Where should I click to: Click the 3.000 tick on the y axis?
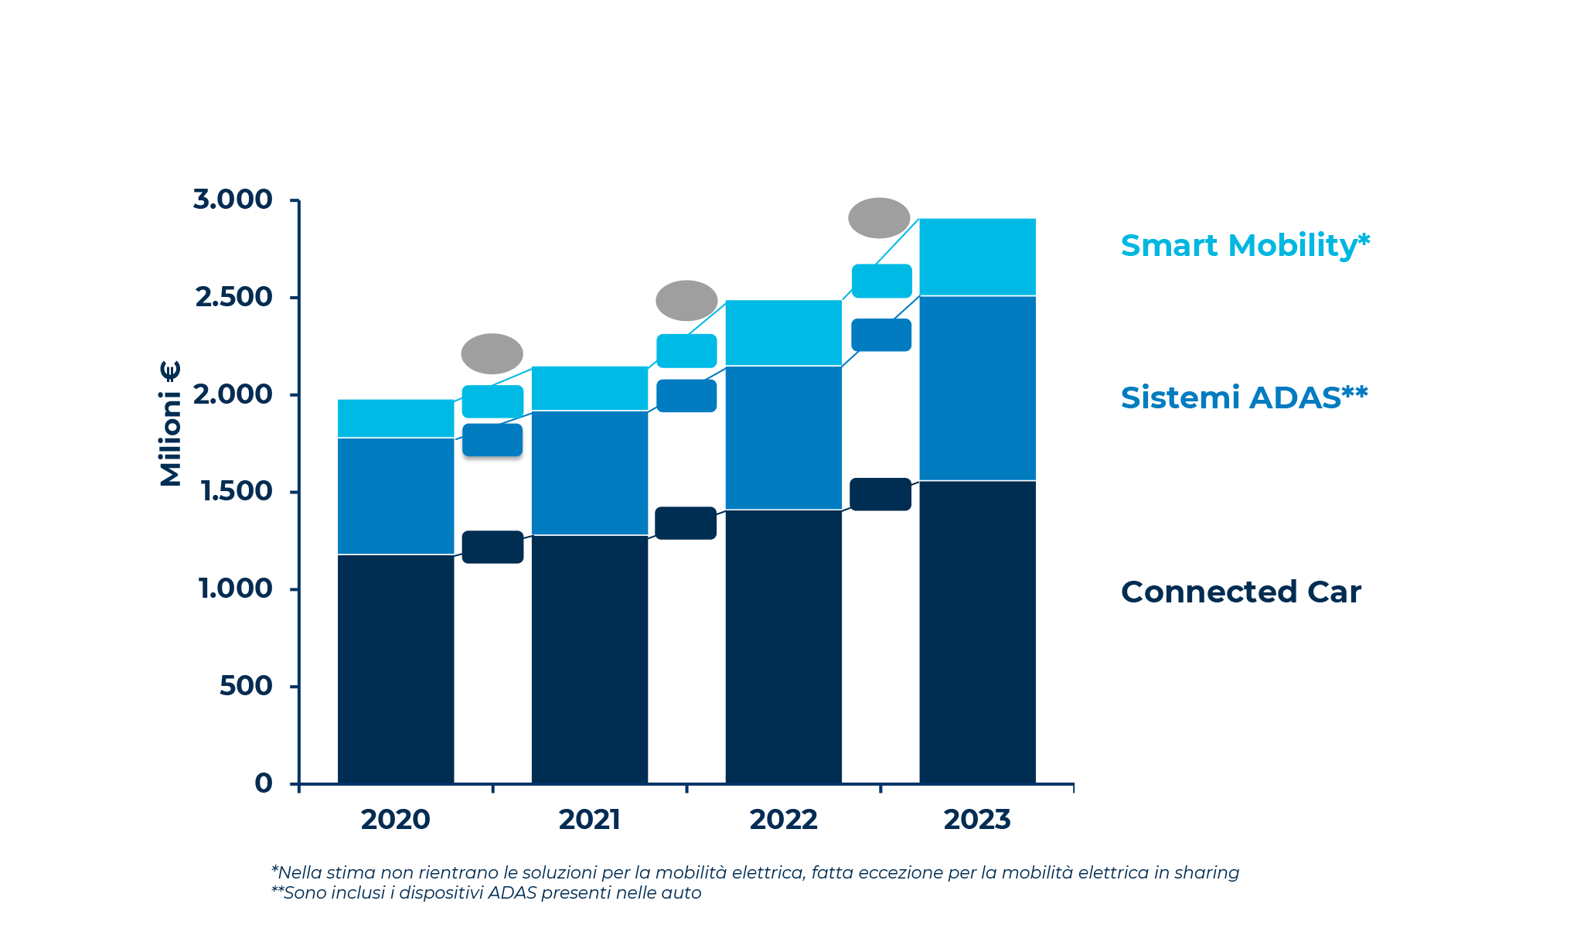tap(233, 200)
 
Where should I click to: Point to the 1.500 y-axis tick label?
tap(236, 491)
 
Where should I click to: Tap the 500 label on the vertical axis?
tap(246, 686)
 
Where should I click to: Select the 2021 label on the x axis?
tap(589, 820)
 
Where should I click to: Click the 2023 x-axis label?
tap(977, 820)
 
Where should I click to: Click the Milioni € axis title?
tap(170, 424)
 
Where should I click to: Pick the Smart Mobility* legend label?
tap(1245, 246)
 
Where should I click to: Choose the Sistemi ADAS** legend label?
tap(1244, 397)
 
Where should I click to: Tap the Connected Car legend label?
tap(1241, 592)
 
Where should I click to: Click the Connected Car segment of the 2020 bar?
tap(396, 669)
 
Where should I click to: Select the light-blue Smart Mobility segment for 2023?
tap(977, 257)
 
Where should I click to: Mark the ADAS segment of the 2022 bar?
tap(783, 438)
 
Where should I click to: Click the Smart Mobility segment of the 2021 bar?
tap(589, 388)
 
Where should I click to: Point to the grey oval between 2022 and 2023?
tap(879, 218)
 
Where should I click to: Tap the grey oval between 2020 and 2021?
tap(492, 354)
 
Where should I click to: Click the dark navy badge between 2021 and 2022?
tap(686, 524)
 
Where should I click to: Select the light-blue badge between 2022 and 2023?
tap(881, 281)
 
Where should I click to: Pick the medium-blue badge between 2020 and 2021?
tap(492, 440)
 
